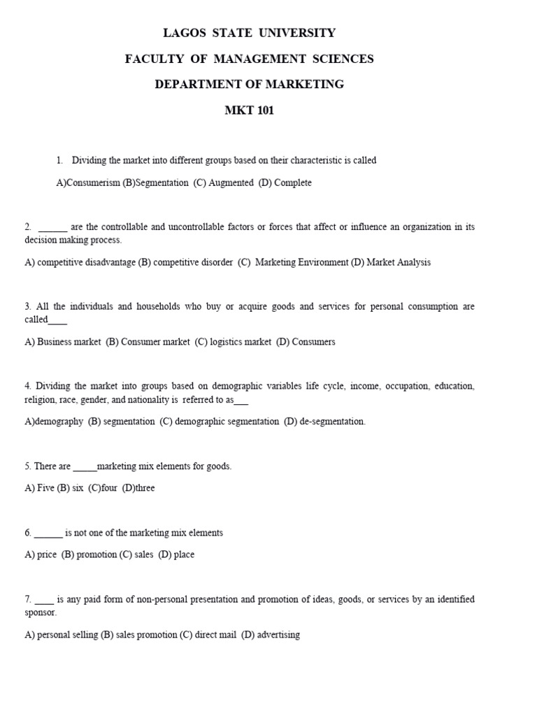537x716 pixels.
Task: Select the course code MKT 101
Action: tap(249, 110)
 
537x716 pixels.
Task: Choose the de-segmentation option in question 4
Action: tap(324, 422)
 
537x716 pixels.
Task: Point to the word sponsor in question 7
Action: tap(41, 613)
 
